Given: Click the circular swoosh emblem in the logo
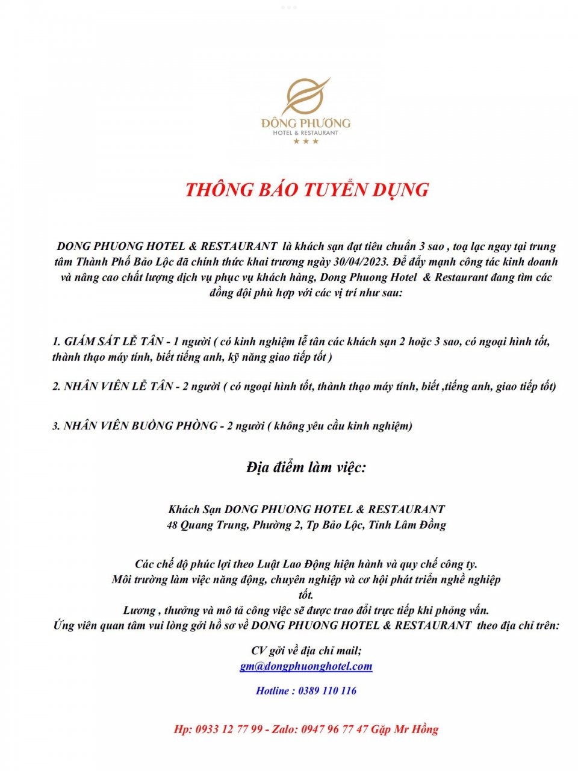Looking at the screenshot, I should coord(305,96).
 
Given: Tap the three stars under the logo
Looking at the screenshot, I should coord(306,142).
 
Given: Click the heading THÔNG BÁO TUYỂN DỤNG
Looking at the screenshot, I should coord(306,189).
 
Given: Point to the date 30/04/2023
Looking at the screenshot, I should coord(359,262).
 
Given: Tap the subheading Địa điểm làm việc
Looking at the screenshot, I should coord(306,467).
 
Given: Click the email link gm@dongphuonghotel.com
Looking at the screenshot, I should coord(306,666).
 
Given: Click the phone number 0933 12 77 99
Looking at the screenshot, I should coord(229,729).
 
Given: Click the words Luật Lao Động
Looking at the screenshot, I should coord(294,564).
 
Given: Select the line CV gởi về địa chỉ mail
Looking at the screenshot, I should coord(306,651).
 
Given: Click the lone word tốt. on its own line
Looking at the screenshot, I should coord(306,595).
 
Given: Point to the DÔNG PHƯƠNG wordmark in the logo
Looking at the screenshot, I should coord(306,123).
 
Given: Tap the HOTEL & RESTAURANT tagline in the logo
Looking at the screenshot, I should coord(306,133).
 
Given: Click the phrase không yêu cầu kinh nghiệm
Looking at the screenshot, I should coord(343,426).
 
